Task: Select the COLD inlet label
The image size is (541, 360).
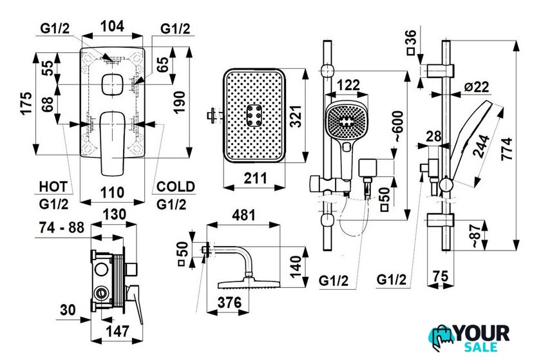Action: point(176,187)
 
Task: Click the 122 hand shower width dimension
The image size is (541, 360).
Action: point(348,84)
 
